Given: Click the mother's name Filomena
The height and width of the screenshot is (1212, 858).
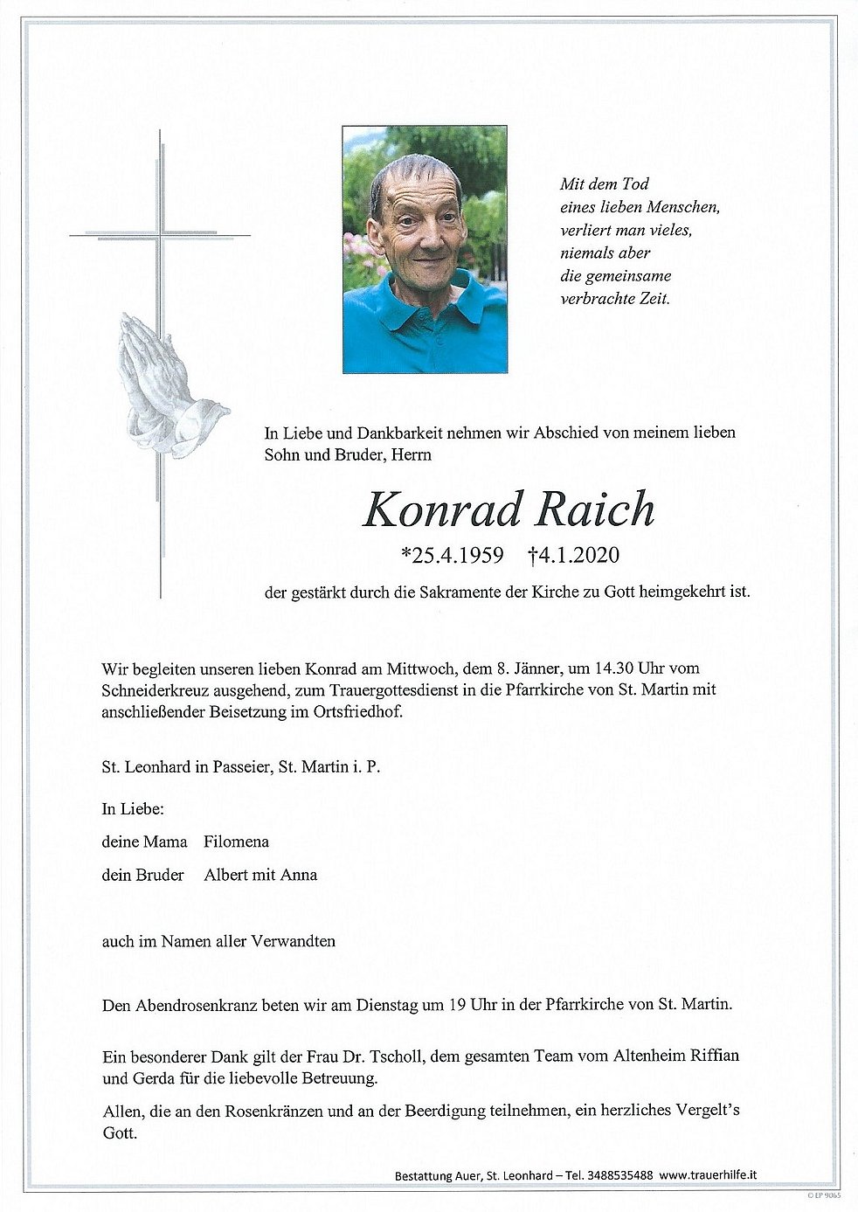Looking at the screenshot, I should pos(236,841).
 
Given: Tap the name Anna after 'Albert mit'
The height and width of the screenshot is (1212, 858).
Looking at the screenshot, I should pos(299,874).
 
